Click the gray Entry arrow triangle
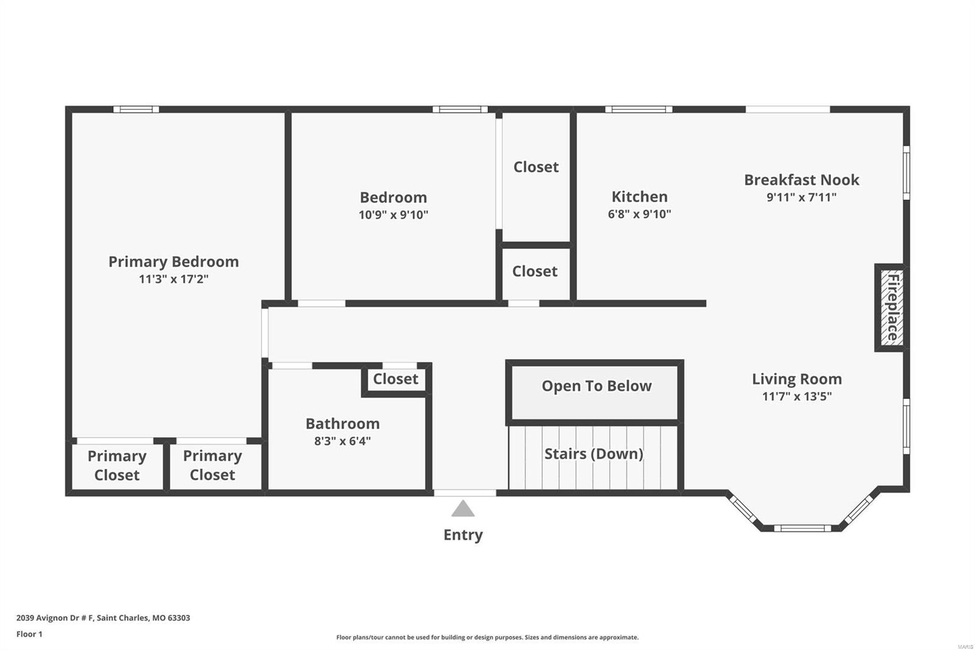[x=463, y=509]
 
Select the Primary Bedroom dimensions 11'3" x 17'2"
[x=174, y=279]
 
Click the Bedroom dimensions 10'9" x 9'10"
[x=394, y=215]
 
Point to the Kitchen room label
[x=639, y=196]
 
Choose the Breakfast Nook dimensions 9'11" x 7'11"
[x=801, y=198]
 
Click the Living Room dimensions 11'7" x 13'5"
[x=797, y=396]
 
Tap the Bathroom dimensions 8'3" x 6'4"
[x=342, y=441]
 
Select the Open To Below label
[x=597, y=386]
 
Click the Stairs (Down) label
[x=594, y=454]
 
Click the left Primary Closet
[x=116, y=465]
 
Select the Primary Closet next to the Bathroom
[x=213, y=465]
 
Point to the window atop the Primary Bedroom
[x=136, y=109]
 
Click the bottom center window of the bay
[x=802, y=529]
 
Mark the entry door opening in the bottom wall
[x=465, y=493]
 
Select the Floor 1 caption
[x=30, y=634]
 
